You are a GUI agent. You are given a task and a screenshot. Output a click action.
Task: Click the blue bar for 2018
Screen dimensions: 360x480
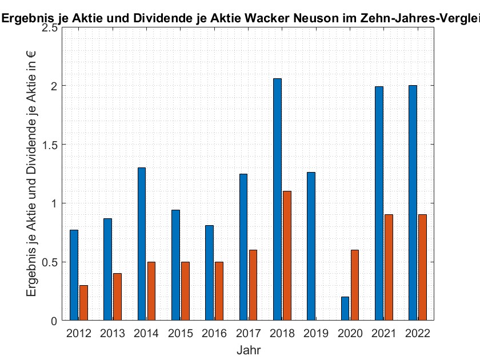[277, 200]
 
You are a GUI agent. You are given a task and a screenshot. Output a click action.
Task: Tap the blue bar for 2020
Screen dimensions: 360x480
[345, 309]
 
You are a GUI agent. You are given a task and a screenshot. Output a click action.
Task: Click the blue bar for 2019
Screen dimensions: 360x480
[311, 246]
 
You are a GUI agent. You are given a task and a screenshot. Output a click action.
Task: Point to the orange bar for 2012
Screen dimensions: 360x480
[83, 303]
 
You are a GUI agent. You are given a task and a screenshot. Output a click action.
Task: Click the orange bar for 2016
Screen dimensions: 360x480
[219, 291]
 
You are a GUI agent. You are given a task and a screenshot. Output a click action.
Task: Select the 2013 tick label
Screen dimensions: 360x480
[113, 333]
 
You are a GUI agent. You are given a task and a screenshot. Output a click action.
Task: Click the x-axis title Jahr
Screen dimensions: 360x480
[249, 349]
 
